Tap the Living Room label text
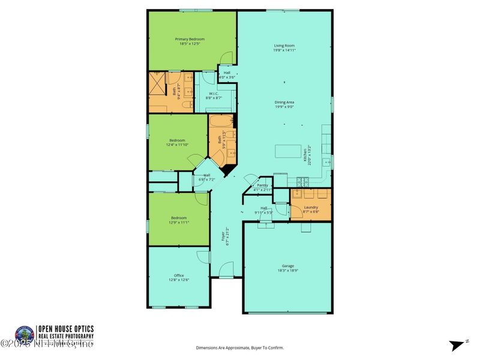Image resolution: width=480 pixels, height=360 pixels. point(284,48)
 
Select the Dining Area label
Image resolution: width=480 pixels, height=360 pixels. point(284,104)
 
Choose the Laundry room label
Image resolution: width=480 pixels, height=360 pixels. point(311,209)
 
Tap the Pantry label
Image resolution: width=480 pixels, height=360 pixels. point(263,187)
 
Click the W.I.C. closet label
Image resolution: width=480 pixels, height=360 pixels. point(214,95)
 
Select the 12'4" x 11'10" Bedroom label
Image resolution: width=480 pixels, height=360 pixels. point(177,142)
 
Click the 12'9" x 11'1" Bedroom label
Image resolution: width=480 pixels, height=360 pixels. point(178,220)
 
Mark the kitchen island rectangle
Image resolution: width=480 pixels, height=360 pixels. point(287,151)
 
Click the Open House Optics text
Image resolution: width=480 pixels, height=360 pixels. point(65,329)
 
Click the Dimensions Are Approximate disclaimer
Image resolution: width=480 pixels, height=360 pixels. point(240,347)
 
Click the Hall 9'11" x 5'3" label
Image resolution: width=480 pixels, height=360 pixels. point(263,211)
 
